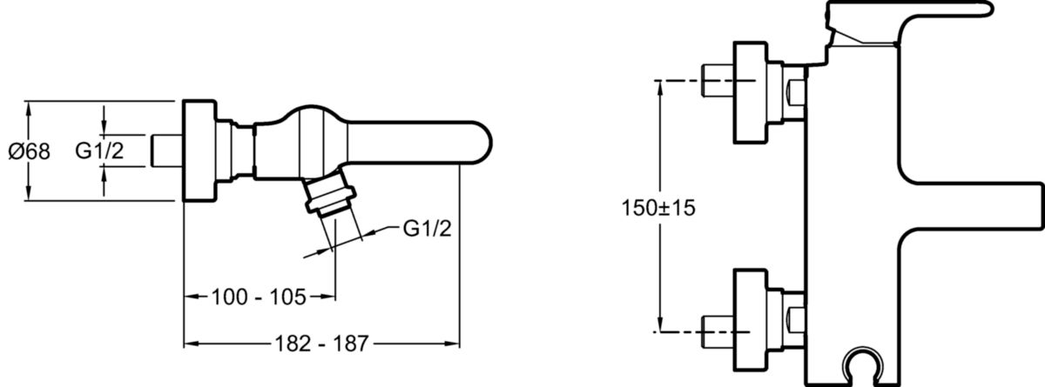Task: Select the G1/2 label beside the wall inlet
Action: pyautogui.click(x=97, y=151)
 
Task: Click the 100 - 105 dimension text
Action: pyautogui.click(x=259, y=298)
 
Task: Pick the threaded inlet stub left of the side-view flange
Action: pyautogui.click(x=165, y=150)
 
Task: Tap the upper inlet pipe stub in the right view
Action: pyautogui.click(x=716, y=82)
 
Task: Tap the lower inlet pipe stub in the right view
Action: pyautogui.click(x=716, y=328)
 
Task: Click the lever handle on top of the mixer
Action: pyautogui.click(x=914, y=13)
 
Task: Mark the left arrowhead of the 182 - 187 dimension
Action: pyautogui.click(x=187, y=344)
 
